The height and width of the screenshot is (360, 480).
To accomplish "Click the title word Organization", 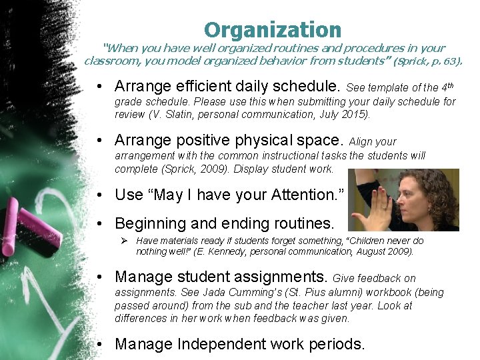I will point(272,30).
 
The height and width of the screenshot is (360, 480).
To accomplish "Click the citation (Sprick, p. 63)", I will point(427,61).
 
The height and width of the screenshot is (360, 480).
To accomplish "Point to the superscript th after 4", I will point(450,84).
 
